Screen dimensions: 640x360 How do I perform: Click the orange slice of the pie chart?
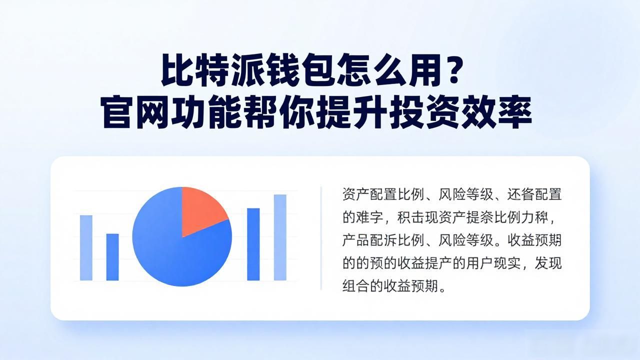click(x=201, y=210)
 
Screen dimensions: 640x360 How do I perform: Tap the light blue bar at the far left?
click(x=86, y=247)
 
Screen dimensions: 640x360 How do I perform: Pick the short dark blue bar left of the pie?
click(x=112, y=257)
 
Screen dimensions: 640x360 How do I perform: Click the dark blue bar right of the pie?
click(x=253, y=244)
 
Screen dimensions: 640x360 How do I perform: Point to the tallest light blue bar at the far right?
click(x=280, y=237)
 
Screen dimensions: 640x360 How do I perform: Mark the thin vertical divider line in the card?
click(x=321, y=238)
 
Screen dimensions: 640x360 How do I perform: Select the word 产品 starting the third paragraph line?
click(x=355, y=240)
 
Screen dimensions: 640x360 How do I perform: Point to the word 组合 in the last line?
click(x=355, y=285)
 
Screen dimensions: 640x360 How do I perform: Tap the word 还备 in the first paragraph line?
click(x=520, y=194)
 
